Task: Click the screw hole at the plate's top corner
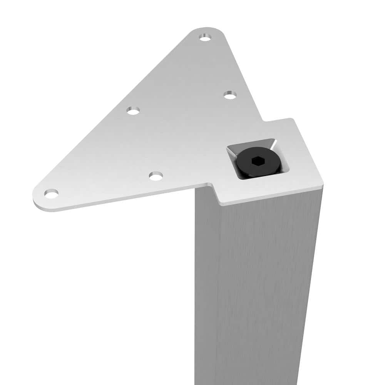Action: coord(205,38)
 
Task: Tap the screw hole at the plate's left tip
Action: coord(51,193)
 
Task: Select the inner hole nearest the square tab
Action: coord(230,95)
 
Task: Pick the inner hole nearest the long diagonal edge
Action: coord(133,111)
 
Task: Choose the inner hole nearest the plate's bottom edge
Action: coord(156,176)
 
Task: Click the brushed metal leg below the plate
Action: coord(262,289)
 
